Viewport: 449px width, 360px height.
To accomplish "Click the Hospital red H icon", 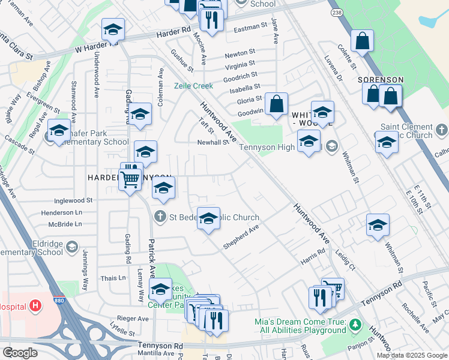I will pyautogui.click(x=36, y=306).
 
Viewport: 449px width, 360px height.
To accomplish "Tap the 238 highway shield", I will pyautogui.click(x=337, y=11).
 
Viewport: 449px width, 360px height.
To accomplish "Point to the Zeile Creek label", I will pyautogui.click(x=193, y=86).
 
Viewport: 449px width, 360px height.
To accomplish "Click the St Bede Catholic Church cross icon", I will pyautogui.click(x=160, y=216).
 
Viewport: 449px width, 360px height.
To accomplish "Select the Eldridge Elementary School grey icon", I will pyautogui.click(x=72, y=247).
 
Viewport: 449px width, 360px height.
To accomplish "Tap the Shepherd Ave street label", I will pyautogui.click(x=240, y=237).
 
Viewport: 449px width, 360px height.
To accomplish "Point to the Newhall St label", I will pyautogui.click(x=213, y=142).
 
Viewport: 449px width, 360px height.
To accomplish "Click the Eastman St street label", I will pyautogui.click(x=250, y=28).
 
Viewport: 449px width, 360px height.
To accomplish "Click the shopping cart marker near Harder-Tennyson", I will pyautogui.click(x=130, y=178).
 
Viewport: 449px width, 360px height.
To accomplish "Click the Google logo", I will pyautogui.click(x=20, y=352).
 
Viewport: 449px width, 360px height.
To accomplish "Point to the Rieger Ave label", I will pyautogui.click(x=134, y=319).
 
